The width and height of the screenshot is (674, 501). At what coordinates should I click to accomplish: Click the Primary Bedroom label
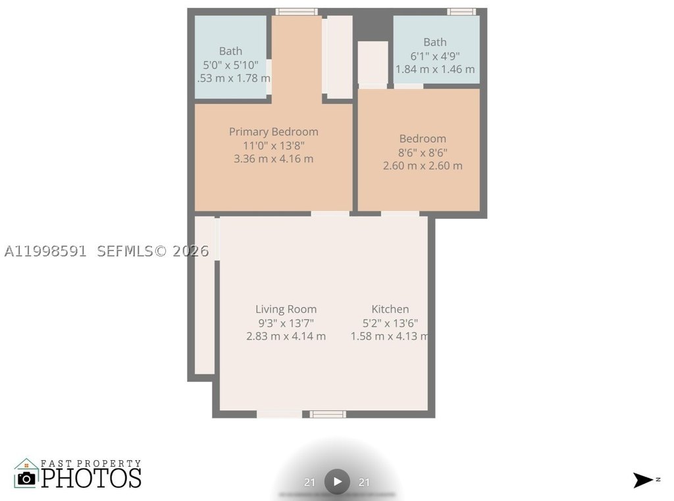tap(273, 131)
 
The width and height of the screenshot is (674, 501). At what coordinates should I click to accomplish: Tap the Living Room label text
tap(286, 309)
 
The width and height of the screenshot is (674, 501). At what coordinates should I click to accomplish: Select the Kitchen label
tap(390, 309)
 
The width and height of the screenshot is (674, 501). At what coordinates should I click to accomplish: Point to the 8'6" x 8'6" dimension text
tap(423, 153)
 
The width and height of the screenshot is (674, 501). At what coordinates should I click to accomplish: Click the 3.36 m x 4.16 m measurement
tap(273, 159)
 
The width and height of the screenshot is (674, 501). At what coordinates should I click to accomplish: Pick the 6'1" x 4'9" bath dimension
tap(435, 56)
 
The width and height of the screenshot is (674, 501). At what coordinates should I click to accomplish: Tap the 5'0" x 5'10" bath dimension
tap(231, 65)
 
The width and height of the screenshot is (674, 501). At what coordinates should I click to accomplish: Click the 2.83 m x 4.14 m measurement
tap(286, 336)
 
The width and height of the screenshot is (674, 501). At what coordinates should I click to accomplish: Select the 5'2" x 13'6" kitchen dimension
tap(390, 323)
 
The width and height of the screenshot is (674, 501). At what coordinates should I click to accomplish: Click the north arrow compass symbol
tap(643, 481)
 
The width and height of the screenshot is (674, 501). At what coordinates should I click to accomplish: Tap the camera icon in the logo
tap(26, 478)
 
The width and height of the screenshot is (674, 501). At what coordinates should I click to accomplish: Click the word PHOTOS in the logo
tap(91, 478)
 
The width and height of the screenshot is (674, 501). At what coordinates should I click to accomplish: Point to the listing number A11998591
tap(45, 251)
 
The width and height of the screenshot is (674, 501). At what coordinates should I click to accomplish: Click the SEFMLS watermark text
tap(124, 251)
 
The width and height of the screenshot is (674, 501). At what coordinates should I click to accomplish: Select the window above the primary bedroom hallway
tap(297, 12)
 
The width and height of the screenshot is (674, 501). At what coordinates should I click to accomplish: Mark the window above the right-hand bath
tap(461, 12)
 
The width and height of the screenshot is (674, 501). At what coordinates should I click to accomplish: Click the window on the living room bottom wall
tap(328, 414)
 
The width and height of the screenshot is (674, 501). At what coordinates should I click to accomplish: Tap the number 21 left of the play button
tap(309, 483)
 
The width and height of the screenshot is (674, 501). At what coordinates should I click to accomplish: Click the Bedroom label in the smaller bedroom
tap(423, 139)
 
